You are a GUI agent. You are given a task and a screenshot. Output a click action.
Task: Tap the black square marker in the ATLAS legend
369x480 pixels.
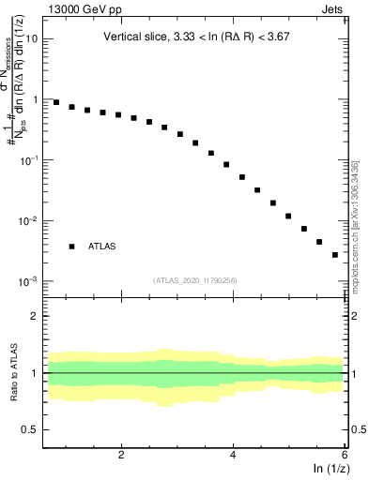pyautogui.click(x=71, y=247)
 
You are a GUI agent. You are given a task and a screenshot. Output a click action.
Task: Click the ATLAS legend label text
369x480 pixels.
pyautogui.click(x=102, y=247)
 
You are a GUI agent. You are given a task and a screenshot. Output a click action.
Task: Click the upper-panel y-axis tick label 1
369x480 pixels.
pyautogui.click(x=36, y=99)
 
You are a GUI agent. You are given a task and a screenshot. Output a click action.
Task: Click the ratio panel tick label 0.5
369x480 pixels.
pyautogui.click(x=31, y=430)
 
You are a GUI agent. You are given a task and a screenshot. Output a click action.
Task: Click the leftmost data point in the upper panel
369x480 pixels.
pyautogui.click(x=56, y=102)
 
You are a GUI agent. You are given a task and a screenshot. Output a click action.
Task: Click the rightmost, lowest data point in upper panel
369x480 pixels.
pyautogui.click(x=334, y=254)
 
